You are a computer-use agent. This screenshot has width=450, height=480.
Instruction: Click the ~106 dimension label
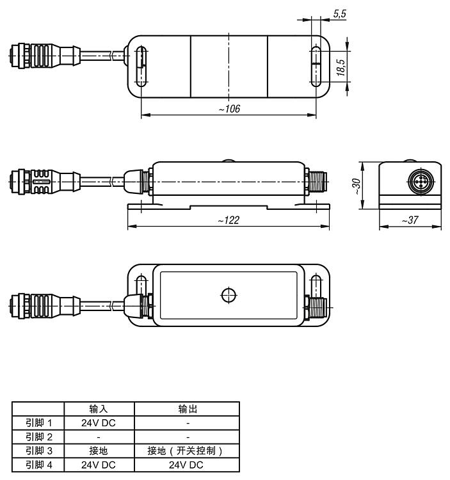(229, 109)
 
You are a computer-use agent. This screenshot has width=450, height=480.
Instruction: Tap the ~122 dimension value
(229, 220)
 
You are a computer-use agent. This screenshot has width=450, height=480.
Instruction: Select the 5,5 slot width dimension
(339, 14)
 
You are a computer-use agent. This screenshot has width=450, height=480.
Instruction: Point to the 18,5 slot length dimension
(341, 67)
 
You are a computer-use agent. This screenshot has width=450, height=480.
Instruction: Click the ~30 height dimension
(356, 186)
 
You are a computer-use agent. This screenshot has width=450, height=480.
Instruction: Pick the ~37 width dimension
(410, 220)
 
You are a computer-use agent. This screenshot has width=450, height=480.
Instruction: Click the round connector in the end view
(421, 182)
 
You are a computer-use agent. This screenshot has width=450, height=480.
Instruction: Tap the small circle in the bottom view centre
(229, 295)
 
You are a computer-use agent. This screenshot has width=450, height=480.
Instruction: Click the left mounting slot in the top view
(141, 67)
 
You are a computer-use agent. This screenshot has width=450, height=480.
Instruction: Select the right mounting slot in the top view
(316, 67)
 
